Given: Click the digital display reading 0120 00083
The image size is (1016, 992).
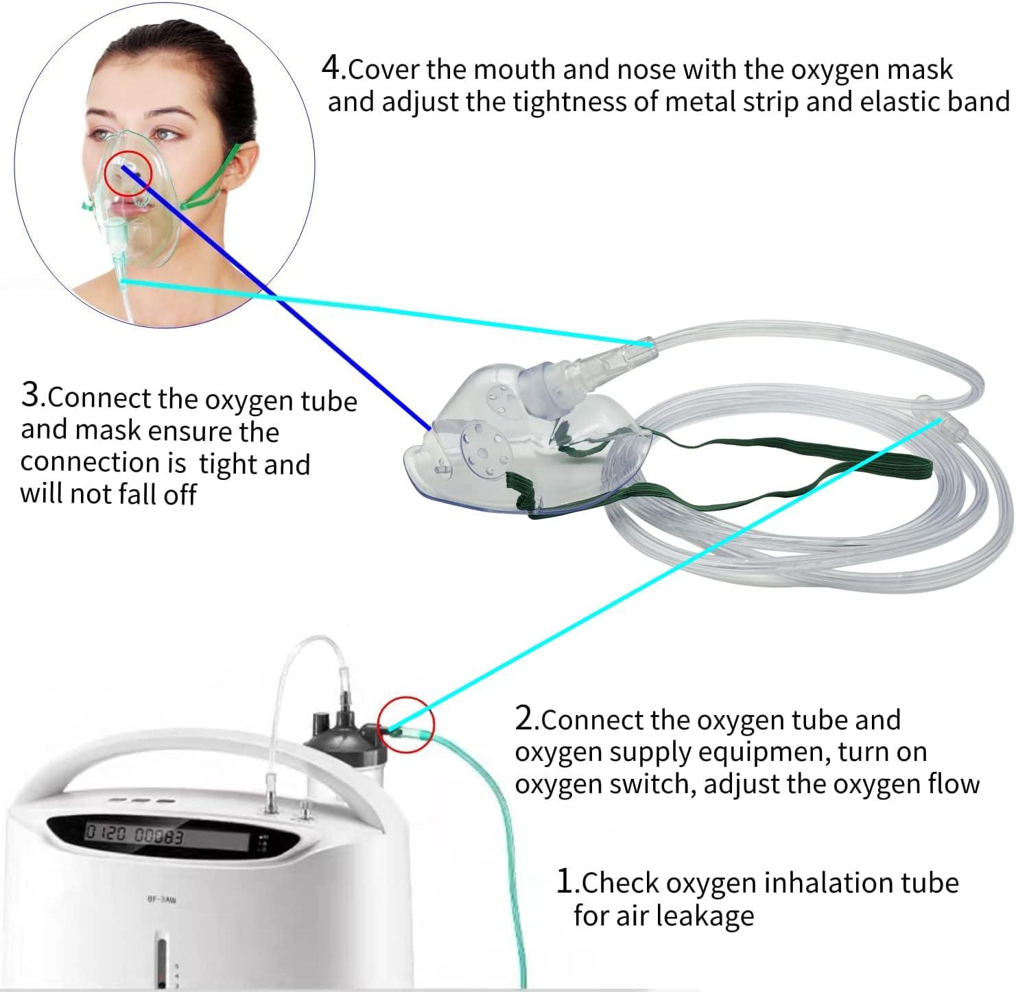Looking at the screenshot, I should [134, 835].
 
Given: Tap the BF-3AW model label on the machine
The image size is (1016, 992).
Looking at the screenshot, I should [161, 899].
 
